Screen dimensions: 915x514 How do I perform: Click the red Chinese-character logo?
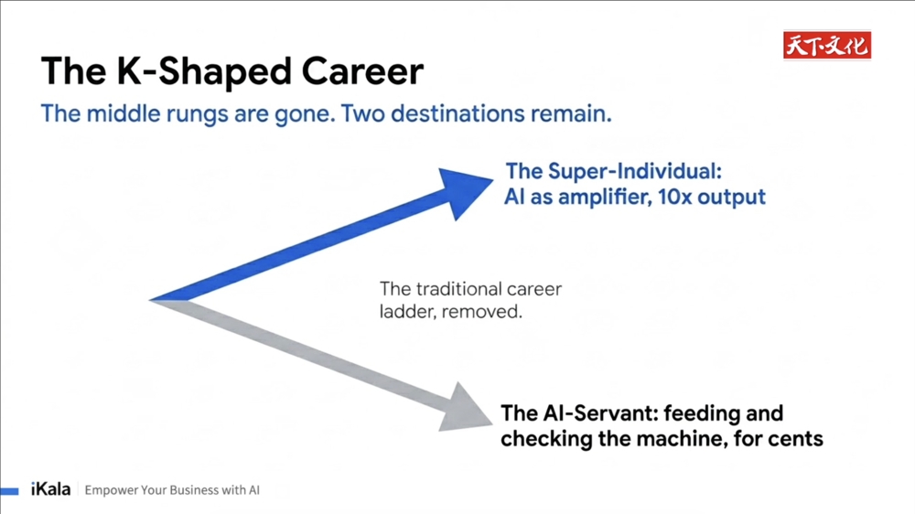[x=827, y=45]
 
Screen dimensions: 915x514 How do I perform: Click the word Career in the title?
[x=362, y=71]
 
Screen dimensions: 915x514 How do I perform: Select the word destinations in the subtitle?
[x=457, y=113]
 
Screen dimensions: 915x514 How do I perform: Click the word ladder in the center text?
[x=407, y=312]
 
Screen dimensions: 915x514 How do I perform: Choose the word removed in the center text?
[x=481, y=312]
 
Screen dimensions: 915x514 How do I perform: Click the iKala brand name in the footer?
[x=50, y=489]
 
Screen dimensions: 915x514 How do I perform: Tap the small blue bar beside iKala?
[x=9, y=490]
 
